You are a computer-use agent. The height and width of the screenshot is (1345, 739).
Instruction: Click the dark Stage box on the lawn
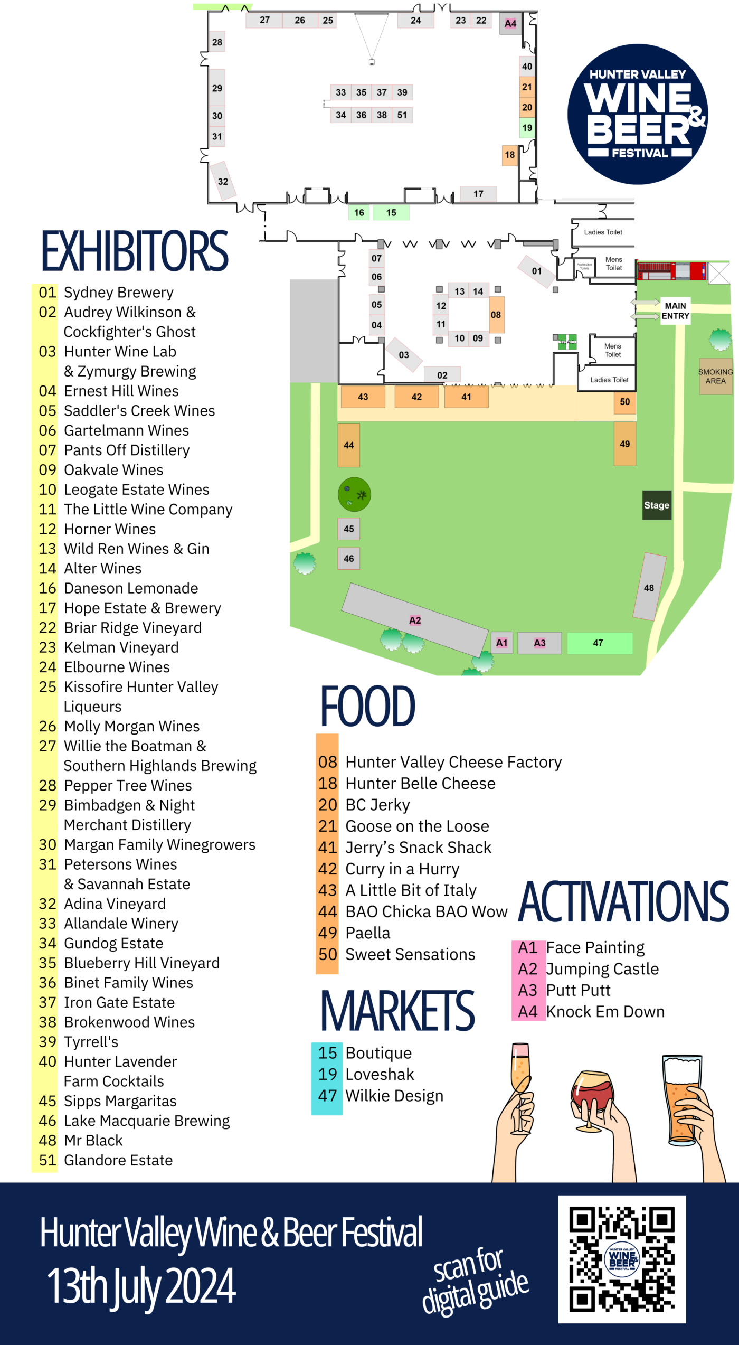point(657,505)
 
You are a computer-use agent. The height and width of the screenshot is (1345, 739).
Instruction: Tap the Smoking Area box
point(715,377)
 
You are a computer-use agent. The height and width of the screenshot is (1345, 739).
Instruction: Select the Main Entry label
point(675,311)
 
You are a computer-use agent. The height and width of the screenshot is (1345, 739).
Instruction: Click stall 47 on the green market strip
point(600,643)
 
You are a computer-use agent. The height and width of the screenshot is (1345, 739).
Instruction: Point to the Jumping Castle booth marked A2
point(415,620)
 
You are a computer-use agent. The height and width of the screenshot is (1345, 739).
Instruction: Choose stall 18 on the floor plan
point(509,155)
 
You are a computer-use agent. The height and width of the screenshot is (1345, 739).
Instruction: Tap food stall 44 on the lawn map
point(349,445)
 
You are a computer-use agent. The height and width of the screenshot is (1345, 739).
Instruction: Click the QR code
point(622,1259)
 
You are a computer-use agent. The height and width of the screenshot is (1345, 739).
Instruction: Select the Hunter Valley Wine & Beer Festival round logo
point(638,114)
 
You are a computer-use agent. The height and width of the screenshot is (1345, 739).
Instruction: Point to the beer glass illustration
point(683,1098)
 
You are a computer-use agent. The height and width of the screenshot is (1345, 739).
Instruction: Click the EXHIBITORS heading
point(135,251)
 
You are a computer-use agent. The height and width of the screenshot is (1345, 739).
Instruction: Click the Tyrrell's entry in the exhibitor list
point(91,1042)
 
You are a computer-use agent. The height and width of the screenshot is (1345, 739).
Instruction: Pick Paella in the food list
point(367,933)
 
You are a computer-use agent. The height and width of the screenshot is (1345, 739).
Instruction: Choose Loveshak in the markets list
point(379,1074)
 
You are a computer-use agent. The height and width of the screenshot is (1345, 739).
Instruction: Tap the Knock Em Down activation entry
point(605,1011)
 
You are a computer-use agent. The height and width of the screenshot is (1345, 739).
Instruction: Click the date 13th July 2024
point(141,1286)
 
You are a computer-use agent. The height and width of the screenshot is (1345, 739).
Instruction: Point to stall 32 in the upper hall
point(223,181)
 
